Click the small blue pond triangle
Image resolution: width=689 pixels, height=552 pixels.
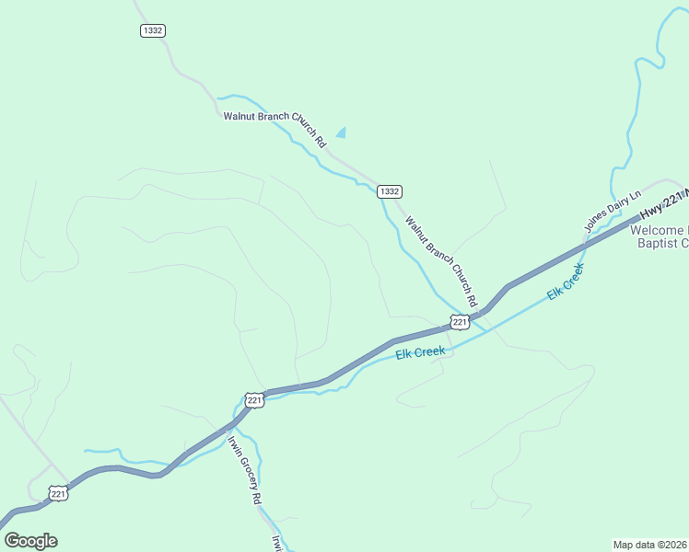click(x=343, y=133)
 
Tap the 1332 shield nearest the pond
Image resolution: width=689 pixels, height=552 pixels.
click(x=389, y=191)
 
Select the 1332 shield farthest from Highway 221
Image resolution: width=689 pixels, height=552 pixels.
click(x=153, y=30)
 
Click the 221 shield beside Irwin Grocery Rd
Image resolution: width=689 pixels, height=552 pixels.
click(x=254, y=400)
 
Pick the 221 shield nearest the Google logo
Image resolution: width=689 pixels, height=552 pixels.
click(x=59, y=494)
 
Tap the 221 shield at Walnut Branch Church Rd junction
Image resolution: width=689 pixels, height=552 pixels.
click(x=460, y=321)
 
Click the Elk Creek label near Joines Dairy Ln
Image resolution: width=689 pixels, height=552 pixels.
click(x=566, y=280)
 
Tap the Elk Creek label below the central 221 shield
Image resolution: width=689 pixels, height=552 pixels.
click(x=421, y=351)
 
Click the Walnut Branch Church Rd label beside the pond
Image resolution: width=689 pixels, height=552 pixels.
click(x=275, y=130)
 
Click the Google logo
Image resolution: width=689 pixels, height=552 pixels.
click(x=30, y=541)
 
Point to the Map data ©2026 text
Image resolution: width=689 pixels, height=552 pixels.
click(x=649, y=544)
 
